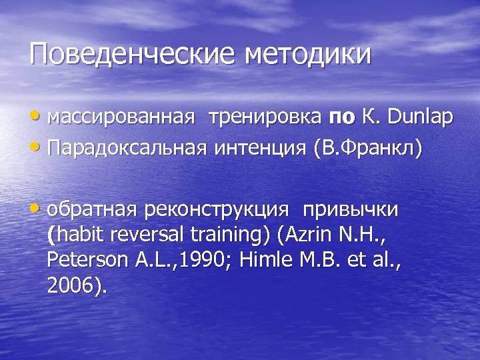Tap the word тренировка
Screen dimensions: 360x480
[x=264, y=118]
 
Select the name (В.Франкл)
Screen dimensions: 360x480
[x=368, y=147]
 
